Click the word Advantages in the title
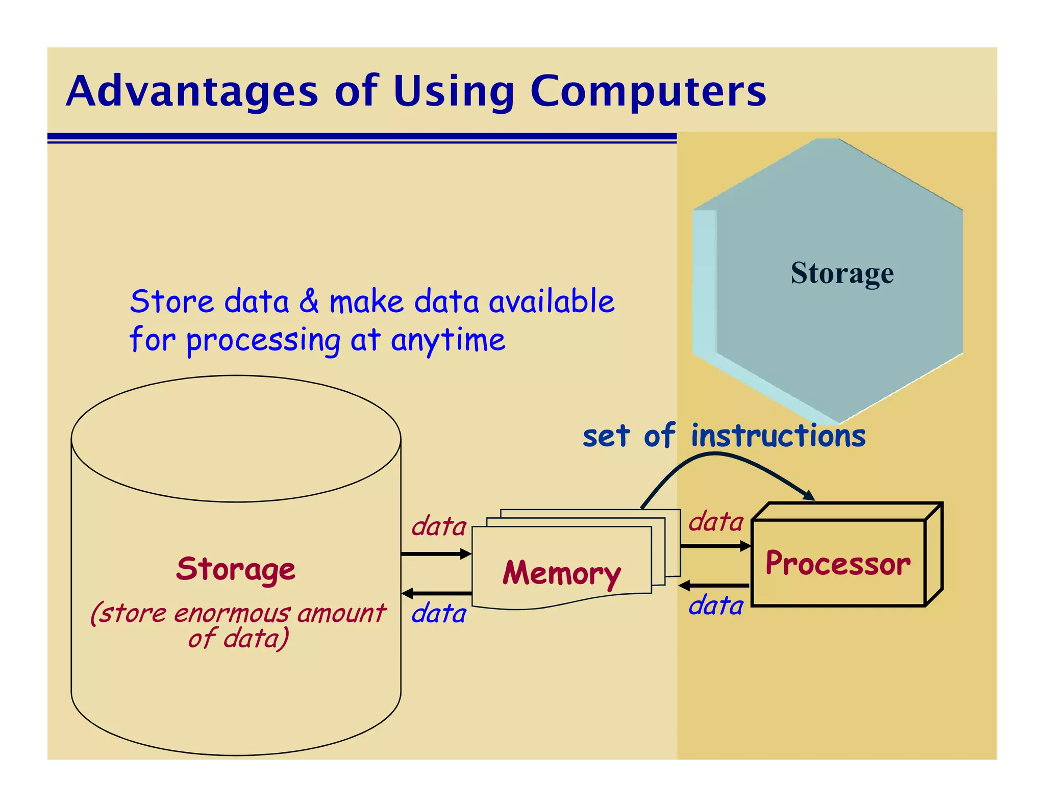(192, 92)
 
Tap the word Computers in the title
(648, 92)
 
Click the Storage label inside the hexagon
(842, 273)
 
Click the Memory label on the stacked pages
(561, 573)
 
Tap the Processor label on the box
(838, 564)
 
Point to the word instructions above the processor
(778, 436)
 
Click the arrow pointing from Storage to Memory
(436, 554)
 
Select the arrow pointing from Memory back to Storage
(436, 593)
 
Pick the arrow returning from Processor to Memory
(714, 586)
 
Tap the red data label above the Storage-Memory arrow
(439, 526)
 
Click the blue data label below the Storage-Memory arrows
(439, 613)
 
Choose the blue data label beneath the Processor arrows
(716, 606)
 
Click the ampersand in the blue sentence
(309, 301)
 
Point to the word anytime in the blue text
(448, 340)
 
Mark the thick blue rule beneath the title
(362, 136)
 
